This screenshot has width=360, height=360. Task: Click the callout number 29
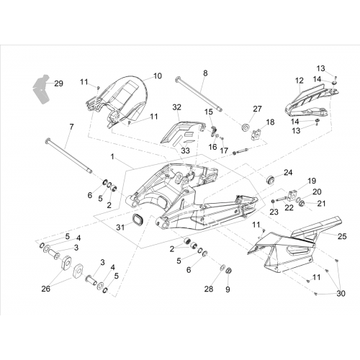[58, 84]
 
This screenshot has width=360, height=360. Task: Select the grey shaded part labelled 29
[41, 89]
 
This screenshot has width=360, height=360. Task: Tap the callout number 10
[158, 76]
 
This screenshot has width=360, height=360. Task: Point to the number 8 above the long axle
[205, 73]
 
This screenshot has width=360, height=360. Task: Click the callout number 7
[71, 127]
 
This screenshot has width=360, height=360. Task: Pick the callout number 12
[300, 81]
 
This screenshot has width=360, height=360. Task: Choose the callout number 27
[257, 109]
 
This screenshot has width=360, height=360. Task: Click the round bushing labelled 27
[246, 127]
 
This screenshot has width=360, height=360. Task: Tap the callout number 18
[270, 122]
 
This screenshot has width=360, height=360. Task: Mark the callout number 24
[288, 172]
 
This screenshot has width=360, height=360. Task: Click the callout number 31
[120, 227]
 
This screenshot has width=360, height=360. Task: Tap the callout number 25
[342, 236]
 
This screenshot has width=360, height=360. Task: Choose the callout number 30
[341, 293]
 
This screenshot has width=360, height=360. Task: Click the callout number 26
[45, 289]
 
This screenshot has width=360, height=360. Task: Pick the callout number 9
[228, 289]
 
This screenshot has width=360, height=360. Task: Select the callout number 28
[209, 289]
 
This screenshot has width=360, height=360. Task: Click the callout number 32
[177, 107]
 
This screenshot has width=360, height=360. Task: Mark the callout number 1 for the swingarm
[112, 157]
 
